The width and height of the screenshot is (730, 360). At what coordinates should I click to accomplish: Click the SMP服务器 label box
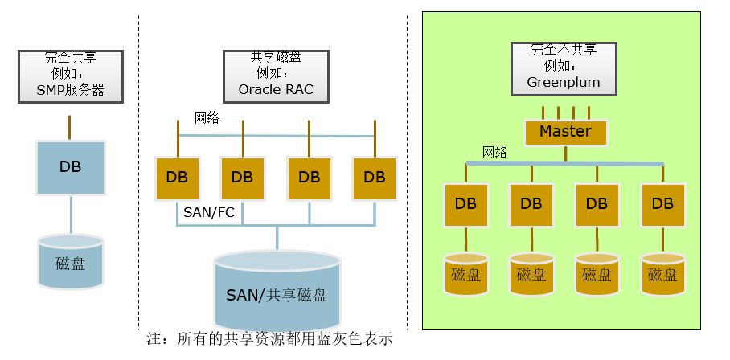click(71, 76)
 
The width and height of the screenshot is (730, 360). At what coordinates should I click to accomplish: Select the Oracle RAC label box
click(276, 76)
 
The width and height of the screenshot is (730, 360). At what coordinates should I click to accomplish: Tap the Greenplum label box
click(564, 67)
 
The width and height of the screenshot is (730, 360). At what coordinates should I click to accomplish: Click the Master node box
click(565, 132)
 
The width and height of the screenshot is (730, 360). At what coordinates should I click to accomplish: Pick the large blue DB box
click(71, 168)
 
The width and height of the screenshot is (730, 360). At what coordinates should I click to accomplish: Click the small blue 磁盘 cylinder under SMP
click(71, 262)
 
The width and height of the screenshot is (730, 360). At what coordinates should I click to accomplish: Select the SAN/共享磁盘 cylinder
click(277, 288)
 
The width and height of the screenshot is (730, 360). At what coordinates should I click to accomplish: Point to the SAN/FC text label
click(209, 212)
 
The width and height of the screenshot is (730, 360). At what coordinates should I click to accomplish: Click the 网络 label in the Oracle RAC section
click(207, 118)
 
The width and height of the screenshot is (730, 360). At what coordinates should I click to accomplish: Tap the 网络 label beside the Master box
click(494, 152)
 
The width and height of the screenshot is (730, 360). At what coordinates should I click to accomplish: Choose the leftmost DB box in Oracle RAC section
click(177, 178)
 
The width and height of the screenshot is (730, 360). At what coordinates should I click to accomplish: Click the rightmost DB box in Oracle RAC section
click(375, 178)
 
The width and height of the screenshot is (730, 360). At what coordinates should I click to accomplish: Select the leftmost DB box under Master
click(465, 205)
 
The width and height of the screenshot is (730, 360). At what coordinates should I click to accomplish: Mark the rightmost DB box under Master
click(662, 205)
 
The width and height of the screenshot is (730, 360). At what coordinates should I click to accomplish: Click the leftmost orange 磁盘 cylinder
click(466, 273)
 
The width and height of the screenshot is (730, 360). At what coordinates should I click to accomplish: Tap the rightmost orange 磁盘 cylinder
click(662, 273)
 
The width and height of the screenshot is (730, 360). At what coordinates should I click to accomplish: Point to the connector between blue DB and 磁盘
click(71, 215)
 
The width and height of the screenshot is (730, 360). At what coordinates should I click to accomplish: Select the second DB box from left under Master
click(531, 205)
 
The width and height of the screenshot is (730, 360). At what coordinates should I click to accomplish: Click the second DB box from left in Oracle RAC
click(243, 178)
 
